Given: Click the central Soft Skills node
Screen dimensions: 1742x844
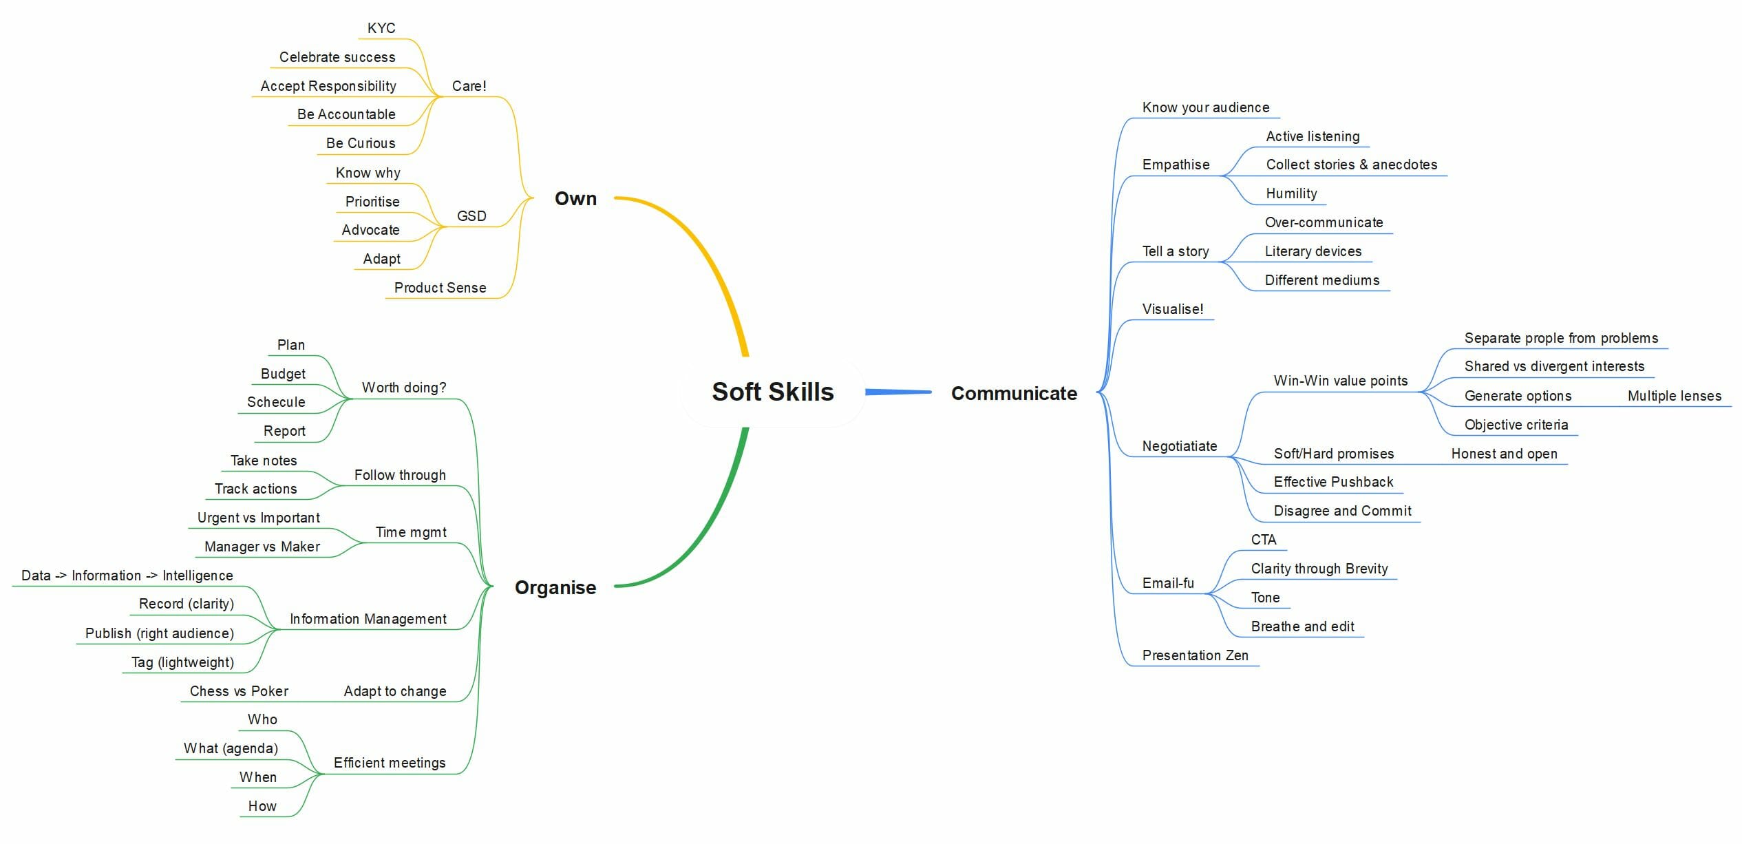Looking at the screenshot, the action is point(772,392).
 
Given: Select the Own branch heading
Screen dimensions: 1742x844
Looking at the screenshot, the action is point(575,199).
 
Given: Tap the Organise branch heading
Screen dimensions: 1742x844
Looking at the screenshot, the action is point(555,587).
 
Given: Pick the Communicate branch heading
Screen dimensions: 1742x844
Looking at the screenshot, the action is point(1014,393).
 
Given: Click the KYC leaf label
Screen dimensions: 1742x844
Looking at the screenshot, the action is point(381,28).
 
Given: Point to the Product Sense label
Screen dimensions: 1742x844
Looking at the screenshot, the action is point(440,288).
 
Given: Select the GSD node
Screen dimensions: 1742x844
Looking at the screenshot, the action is point(471,216).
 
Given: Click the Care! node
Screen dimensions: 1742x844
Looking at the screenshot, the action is point(469,86).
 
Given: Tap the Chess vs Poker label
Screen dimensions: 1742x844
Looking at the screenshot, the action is point(239,691).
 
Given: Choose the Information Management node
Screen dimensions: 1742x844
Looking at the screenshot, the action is point(368,619).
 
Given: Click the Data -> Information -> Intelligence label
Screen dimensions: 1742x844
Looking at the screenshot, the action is point(127,576).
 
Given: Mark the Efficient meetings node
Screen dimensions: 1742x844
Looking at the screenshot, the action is point(390,763).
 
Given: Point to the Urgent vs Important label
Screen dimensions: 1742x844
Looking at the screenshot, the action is point(259,518).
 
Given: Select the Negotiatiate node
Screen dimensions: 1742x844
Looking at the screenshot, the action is point(1180,446).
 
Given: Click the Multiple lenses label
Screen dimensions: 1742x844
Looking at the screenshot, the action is point(1675,396).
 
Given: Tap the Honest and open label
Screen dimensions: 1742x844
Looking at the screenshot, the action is point(1505,454).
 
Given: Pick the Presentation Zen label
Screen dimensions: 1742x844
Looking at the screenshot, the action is point(1196,655).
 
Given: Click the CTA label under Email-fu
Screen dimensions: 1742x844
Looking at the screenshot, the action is point(1264,540).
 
